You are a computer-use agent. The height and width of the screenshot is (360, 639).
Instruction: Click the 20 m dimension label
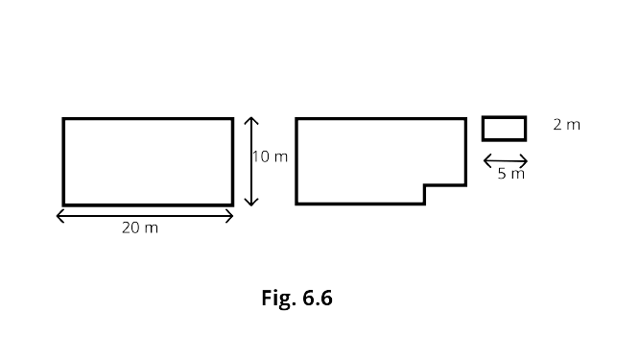(140, 228)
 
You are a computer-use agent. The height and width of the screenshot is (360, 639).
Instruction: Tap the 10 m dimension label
(270, 156)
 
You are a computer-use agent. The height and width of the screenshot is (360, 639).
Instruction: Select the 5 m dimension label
(510, 174)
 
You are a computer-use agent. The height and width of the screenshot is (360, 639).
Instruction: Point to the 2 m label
(566, 125)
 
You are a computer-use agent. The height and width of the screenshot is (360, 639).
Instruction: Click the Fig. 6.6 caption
(296, 298)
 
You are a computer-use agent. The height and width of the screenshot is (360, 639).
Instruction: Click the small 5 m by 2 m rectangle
(504, 117)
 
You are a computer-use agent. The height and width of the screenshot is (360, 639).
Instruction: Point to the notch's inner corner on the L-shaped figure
(425, 185)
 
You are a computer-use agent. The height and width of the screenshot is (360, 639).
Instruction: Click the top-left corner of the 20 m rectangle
(63, 119)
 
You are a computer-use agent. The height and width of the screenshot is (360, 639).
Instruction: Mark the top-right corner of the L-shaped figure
(465, 119)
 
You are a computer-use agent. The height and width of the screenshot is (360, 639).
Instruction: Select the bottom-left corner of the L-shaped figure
(296, 204)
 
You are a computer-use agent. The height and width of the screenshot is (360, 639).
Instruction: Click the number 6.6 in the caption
(318, 298)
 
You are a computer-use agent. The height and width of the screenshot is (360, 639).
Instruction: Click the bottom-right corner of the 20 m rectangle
(233, 204)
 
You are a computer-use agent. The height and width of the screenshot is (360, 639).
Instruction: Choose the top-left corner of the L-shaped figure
(296, 119)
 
